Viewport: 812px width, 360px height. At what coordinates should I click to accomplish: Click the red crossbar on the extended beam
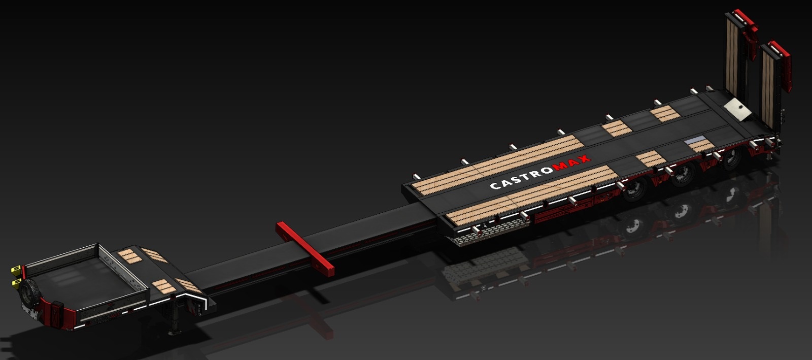(x=304, y=249)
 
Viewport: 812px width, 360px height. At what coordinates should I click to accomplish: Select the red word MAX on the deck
(x=571, y=163)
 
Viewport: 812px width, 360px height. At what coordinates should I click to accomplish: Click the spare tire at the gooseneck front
(x=28, y=293)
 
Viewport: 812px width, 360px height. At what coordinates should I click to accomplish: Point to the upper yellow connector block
(x=16, y=270)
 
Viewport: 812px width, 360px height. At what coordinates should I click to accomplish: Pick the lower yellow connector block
(x=16, y=282)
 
